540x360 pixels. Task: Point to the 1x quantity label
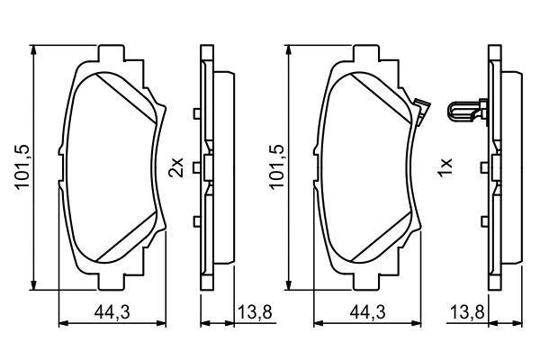point(443,167)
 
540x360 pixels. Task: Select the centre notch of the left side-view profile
point(206,166)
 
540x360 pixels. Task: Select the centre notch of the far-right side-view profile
point(494,166)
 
